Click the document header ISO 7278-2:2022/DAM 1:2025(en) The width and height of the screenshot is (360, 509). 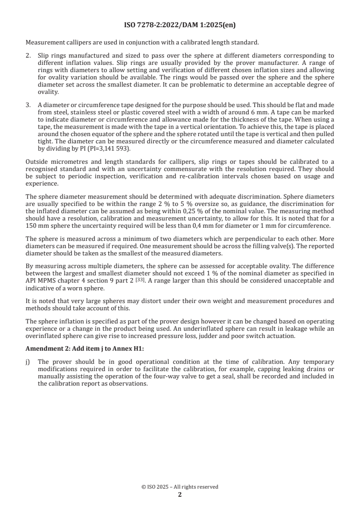[180, 25]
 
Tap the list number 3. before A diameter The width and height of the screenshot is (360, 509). [28, 105]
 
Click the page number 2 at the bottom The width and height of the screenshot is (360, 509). [180, 495]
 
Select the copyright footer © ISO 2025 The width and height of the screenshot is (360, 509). [180, 487]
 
